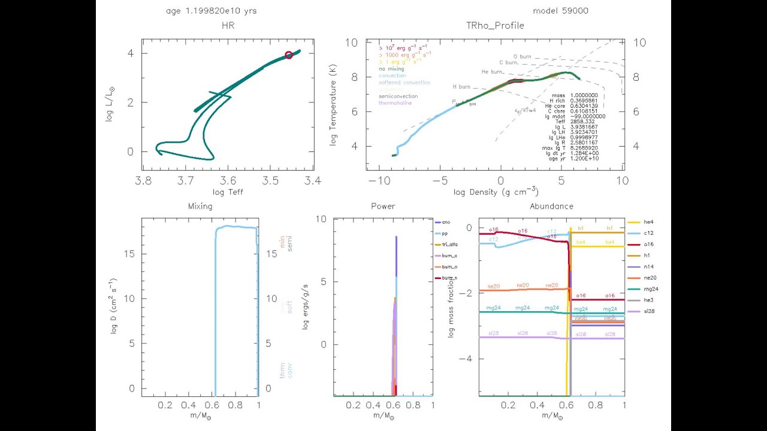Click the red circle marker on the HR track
tap(289, 55)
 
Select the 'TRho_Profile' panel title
tap(495, 26)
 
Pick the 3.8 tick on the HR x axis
tap(143, 180)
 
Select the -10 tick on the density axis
tap(377, 180)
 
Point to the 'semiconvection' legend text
tap(398, 96)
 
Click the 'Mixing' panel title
tap(200, 207)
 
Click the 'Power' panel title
tap(383, 207)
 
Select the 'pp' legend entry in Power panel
tap(446, 233)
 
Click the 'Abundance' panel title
tap(551, 207)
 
